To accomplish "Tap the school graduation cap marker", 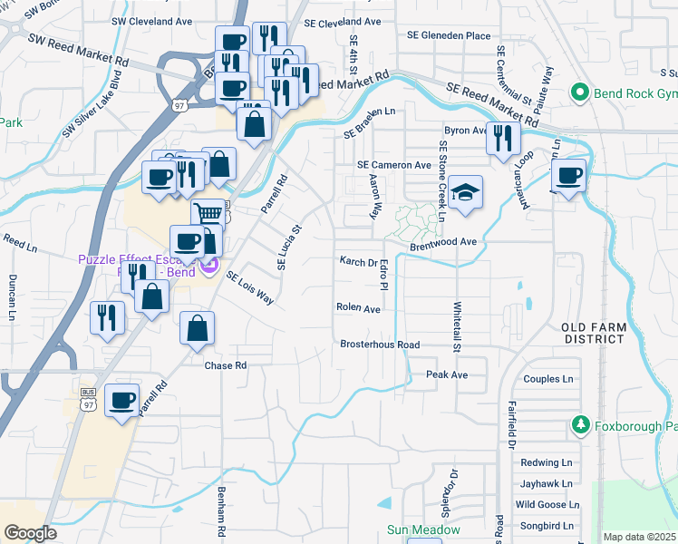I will pos(465,193).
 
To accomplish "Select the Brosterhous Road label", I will pos(380,345).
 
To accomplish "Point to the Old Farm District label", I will pos(593,333).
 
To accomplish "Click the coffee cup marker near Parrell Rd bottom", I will pos(121,401).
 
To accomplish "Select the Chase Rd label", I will pos(226,365).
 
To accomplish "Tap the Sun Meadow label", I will pos(424,529).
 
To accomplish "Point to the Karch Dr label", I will pos(357,262).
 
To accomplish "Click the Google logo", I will pos(30,533).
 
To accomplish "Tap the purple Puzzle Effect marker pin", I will pos(209,265).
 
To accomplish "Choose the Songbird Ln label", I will pos(547,526).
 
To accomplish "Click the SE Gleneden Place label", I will pos(449,36).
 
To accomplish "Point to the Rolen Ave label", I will pos(358,308).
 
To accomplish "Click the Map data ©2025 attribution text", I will pos(639,537).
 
